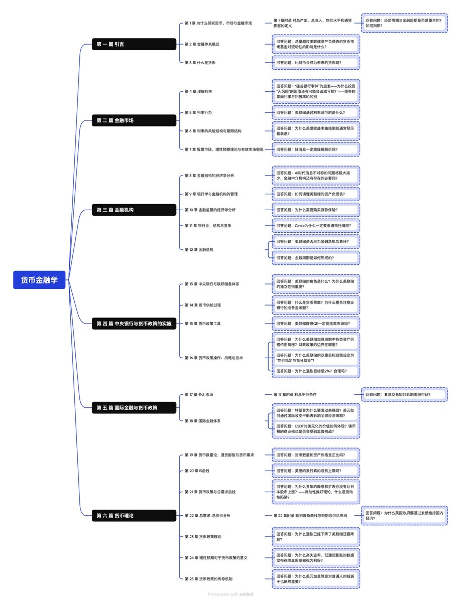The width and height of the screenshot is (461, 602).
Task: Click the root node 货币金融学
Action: [39, 280]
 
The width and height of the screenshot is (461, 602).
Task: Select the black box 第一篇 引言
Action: [134, 44]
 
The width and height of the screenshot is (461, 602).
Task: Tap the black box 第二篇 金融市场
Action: [134, 120]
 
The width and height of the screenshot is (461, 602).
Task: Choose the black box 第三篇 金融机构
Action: [134, 210]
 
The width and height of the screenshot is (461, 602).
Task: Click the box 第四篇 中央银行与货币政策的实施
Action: [134, 324]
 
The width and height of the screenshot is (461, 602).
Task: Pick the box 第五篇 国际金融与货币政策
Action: [134, 408]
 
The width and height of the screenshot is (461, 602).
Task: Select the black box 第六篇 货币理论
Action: [134, 515]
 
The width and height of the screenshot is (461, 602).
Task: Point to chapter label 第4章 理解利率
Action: [198, 91]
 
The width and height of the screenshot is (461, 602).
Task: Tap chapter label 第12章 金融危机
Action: [199, 249]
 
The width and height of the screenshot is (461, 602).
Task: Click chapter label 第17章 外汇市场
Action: [199, 395]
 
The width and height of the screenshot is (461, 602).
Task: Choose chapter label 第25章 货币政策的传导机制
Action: [208, 579]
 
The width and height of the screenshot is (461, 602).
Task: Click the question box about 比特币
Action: [316, 63]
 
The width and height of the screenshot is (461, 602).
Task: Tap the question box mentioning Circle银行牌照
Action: [316, 226]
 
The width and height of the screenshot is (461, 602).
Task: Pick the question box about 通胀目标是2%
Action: [316, 371]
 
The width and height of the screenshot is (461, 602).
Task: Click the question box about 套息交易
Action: [404, 395]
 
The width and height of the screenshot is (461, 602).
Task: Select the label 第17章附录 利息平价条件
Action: [295, 395]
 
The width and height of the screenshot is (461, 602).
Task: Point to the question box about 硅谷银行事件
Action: [316, 91]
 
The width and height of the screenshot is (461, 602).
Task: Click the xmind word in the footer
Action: [247, 594]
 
